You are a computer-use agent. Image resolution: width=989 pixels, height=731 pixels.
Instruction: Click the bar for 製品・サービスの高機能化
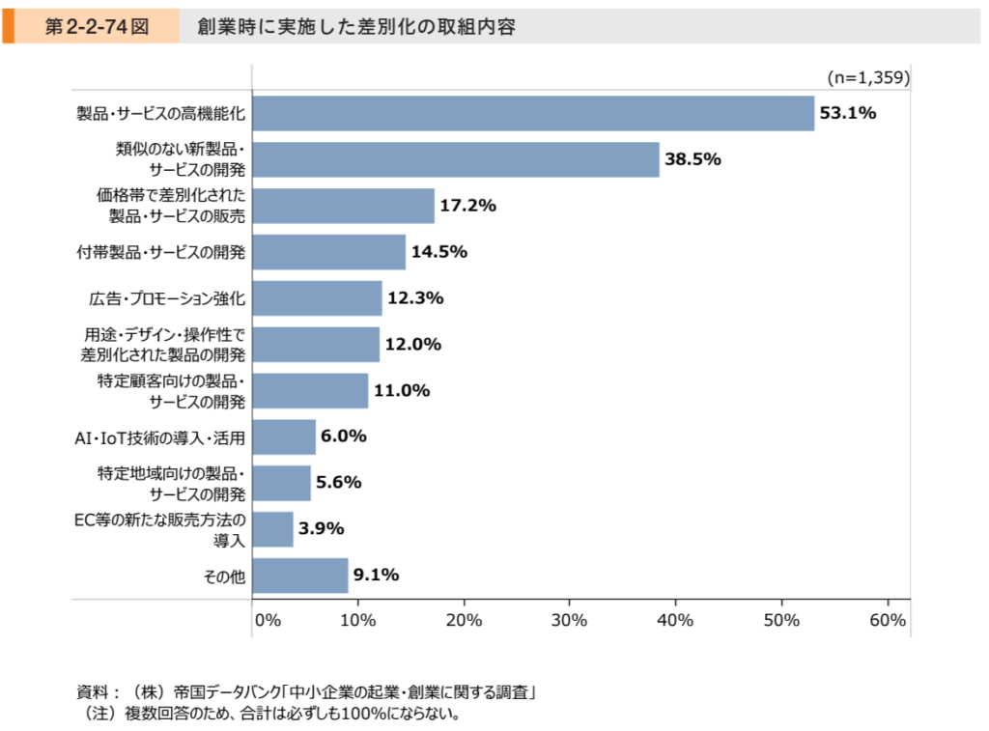pyautogui.click(x=533, y=113)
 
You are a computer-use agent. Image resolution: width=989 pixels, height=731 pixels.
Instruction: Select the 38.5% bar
pyautogui.click(x=456, y=159)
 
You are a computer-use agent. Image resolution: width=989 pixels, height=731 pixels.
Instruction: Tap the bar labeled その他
pyautogui.click(x=300, y=576)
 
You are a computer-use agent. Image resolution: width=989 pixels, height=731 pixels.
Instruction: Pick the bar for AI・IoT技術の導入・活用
pyautogui.click(x=284, y=436)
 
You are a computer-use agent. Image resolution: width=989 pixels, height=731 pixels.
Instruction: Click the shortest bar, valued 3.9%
pyautogui.click(x=272, y=529)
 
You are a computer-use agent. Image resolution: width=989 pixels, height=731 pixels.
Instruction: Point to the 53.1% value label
pyautogui.click(x=847, y=113)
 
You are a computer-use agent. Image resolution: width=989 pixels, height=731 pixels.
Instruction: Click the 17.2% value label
pyautogui.click(x=467, y=206)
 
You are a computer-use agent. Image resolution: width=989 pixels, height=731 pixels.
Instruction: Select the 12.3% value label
pyautogui.click(x=415, y=298)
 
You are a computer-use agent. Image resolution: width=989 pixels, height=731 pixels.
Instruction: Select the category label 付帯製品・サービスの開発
pyautogui.click(x=161, y=253)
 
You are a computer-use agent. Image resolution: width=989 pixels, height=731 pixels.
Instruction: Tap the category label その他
pyautogui.click(x=224, y=576)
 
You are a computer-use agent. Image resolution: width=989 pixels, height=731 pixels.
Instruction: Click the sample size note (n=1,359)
pyautogui.click(x=868, y=76)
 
